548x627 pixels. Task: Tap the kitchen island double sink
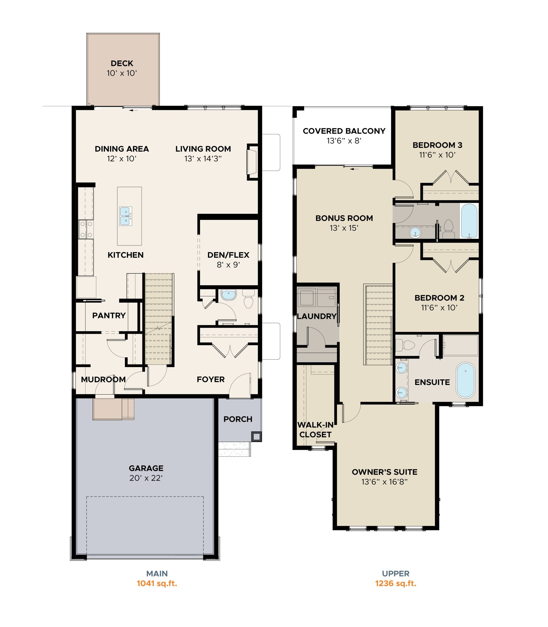(x=125, y=216)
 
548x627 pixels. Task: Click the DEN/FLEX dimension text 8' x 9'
(x=228, y=265)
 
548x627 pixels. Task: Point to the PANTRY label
(x=109, y=315)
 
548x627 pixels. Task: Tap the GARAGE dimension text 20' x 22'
(x=146, y=478)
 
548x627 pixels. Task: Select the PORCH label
(x=238, y=419)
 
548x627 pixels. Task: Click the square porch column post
(x=256, y=436)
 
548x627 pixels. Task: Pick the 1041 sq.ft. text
(x=157, y=583)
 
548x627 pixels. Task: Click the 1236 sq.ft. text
(x=395, y=583)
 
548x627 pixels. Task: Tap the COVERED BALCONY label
(x=344, y=131)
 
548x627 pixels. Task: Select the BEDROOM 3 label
(x=437, y=145)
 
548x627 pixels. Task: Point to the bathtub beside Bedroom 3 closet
(x=469, y=221)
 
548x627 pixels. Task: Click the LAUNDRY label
(x=317, y=316)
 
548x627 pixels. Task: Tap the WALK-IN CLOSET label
(x=315, y=430)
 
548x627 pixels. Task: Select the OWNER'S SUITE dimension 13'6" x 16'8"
(x=384, y=482)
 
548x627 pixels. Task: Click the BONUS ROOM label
(x=344, y=218)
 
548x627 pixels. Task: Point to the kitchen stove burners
(x=86, y=229)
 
